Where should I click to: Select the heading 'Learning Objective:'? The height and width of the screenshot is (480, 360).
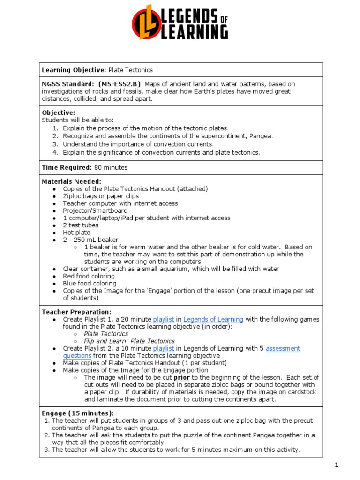(x=74, y=70)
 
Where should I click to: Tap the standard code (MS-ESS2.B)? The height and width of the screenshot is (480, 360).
(x=119, y=84)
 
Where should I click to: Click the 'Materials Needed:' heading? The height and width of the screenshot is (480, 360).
(x=71, y=181)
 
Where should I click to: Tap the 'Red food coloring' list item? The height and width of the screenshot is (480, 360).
(x=89, y=276)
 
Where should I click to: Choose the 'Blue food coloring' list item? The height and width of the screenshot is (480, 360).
(x=90, y=284)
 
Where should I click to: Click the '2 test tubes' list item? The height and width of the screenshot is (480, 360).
(x=81, y=225)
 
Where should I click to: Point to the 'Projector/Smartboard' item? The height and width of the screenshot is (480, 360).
(x=95, y=210)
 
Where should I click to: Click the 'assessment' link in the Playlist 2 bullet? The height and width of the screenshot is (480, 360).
(x=283, y=348)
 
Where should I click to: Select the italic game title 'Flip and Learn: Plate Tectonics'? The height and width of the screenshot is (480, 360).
(x=129, y=341)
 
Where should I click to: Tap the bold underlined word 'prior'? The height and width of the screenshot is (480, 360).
(x=182, y=377)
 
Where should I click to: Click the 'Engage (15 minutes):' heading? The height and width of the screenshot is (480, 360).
(x=78, y=413)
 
